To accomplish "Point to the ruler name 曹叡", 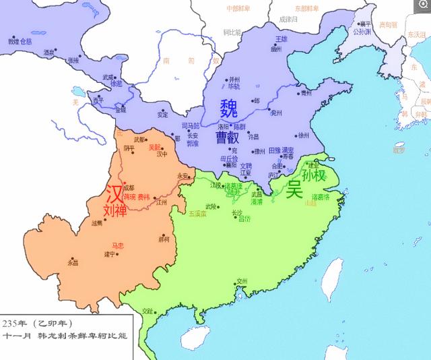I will (229, 138).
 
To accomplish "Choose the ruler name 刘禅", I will (114, 211).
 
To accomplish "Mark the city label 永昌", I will (73, 262).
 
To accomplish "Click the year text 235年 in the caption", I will (15, 323).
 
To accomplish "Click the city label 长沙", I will (237, 212).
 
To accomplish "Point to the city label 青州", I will (306, 94).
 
